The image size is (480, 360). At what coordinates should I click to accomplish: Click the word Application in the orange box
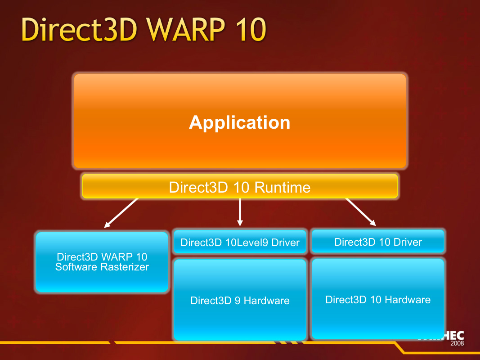point(239,122)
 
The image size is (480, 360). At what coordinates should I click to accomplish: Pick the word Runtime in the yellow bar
point(283,187)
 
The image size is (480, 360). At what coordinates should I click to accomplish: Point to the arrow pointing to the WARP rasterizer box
point(121,213)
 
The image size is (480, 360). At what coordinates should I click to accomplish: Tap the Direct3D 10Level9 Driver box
point(240,243)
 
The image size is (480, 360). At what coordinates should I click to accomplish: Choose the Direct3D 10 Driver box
point(378,242)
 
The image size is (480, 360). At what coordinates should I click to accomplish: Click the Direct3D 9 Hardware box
point(240,300)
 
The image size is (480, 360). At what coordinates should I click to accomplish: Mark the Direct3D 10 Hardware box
point(378,299)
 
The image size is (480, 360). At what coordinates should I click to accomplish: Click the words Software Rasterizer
point(102,267)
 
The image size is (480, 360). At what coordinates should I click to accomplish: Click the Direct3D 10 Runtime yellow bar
point(240,186)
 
